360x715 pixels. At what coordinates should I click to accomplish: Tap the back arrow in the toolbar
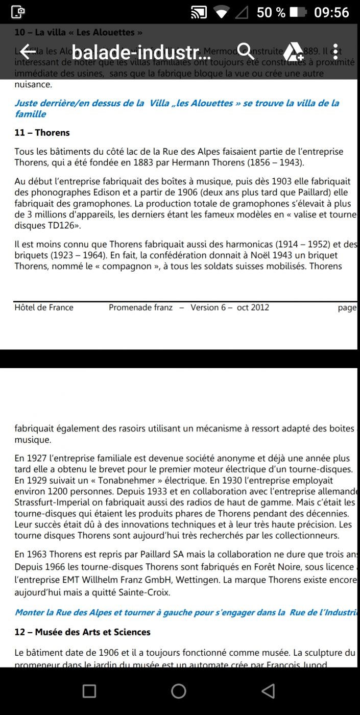pyautogui.click(x=27, y=52)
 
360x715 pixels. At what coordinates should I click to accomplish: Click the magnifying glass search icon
pyautogui.click(x=246, y=52)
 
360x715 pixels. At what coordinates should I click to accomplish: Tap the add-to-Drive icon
pyautogui.click(x=294, y=52)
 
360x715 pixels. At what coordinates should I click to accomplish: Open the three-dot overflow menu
pyautogui.click(x=335, y=52)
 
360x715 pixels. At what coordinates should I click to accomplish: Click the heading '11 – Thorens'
pyautogui.click(x=42, y=133)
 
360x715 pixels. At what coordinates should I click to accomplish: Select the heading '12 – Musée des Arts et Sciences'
pyautogui.click(x=82, y=632)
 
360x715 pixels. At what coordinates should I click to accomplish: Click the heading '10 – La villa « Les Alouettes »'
pyautogui.click(x=78, y=32)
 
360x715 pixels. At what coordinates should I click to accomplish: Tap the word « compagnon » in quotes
pyautogui.click(x=121, y=266)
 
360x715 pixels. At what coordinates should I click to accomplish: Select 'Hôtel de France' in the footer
pyautogui.click(x=44, y=307)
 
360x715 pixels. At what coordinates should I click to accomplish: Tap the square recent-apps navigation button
pyautogui.click(x=89, y=691)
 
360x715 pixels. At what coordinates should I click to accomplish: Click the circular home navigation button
pyautogui.click(x=179, y=691)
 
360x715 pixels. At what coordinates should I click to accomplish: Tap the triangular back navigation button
pyautogui.click(x=268, y=691)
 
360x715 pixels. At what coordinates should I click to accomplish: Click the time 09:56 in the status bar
pyautogui.click(x=331, y=12)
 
